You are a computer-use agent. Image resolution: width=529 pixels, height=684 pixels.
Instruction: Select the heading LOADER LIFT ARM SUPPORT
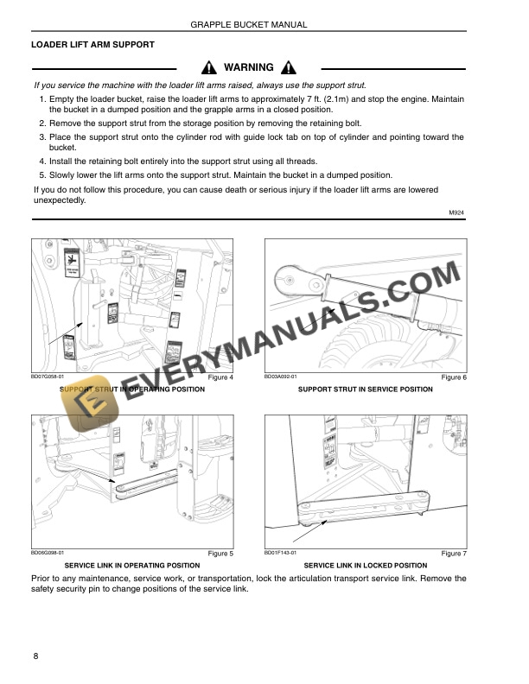pos(92,45)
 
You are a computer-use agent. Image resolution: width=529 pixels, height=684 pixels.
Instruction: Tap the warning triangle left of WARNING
pos(208,68)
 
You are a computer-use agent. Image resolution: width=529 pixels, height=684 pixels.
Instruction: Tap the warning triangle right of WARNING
pos(289,68)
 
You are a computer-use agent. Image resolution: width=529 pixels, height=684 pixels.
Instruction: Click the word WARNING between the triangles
pos(248,67)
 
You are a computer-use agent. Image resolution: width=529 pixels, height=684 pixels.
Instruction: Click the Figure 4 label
pos(221,378)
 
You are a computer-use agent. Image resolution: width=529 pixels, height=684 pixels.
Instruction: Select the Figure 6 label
pos(453,378)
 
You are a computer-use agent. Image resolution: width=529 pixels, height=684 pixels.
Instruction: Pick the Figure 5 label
pos(221,554)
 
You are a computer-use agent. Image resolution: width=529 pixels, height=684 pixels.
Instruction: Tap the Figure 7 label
pos(453,554)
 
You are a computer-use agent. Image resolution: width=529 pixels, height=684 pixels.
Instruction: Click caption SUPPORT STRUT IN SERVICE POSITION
pos(365,389)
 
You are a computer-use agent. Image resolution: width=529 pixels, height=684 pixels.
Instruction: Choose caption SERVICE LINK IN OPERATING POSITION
pos(132,565)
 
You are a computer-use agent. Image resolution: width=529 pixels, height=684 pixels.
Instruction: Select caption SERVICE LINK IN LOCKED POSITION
pos(366,565)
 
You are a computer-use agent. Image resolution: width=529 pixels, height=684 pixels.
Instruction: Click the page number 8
pos(35,657)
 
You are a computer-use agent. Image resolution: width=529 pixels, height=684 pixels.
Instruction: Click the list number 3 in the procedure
pos(42,136)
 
